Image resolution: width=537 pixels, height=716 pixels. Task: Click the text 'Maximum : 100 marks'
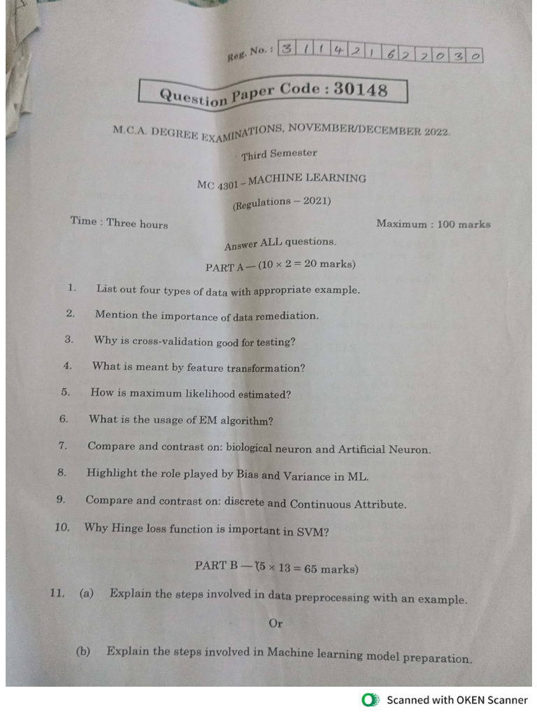[433, 224]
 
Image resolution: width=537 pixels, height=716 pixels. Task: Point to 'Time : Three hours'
[119, 222]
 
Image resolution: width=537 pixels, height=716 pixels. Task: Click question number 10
[62, 527]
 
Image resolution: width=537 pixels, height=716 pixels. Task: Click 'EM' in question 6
[189, 420]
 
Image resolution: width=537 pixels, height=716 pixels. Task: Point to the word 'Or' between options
[275, 623]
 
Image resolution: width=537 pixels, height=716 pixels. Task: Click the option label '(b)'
[83, 651]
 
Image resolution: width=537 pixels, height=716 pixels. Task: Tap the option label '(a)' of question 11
[87, 594]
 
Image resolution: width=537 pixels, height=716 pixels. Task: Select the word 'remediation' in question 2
[286, 316]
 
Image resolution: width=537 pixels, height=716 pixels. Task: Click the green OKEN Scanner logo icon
[369, 700]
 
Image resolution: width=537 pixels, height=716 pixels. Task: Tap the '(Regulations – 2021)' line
[282, 203]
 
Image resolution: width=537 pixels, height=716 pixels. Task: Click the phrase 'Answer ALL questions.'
[280, 243]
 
